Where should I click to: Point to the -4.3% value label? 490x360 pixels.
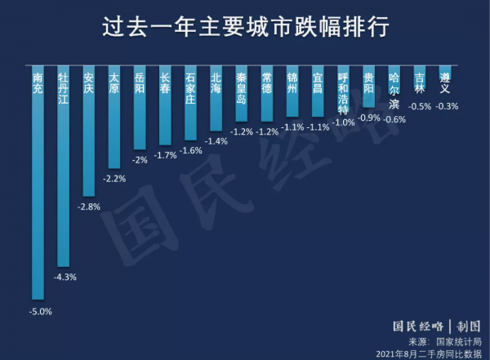click(65, 278)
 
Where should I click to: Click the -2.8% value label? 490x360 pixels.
click(89, 207)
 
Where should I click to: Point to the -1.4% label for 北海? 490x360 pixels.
click(216, 141)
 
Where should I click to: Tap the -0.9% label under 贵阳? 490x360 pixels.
click(370, 118)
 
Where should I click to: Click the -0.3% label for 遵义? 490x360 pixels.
click(448, 106)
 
